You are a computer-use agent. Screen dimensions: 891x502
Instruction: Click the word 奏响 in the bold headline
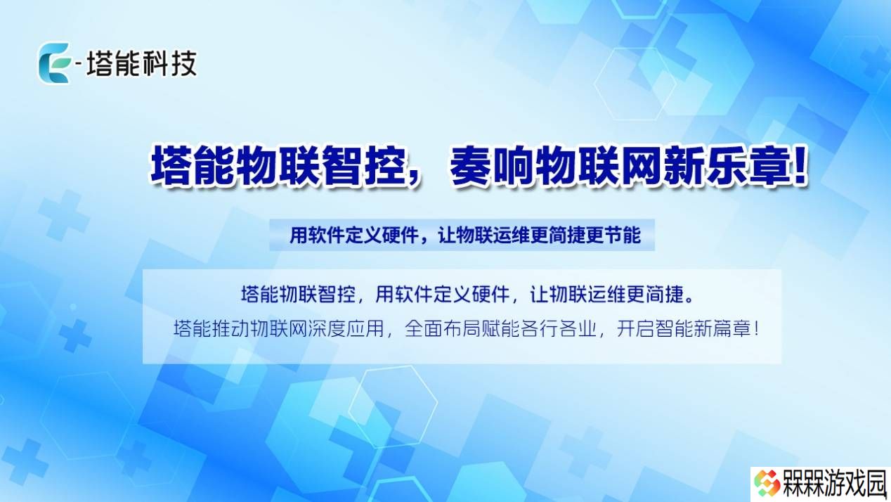pyautogui.click(x=492, y=165)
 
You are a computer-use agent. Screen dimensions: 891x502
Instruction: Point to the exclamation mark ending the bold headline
pyautogui.click(x=799, y=164)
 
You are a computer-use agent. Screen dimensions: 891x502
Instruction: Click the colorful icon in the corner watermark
pyautogui.click(x=767, y=483)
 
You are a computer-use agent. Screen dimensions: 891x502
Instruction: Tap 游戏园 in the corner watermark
pyautogui.click(x=855, y=483)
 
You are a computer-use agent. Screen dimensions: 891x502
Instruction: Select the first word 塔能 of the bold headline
pyautogui.click(x=193, y=165)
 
